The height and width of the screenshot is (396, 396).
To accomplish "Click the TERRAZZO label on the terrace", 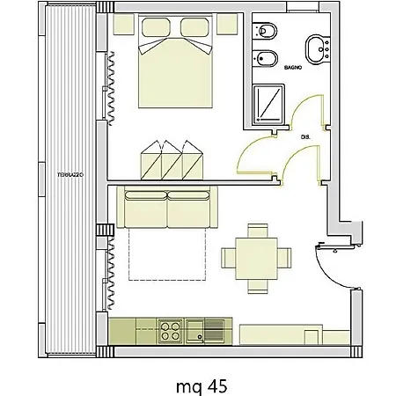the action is (70, 175).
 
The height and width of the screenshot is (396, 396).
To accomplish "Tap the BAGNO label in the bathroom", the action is (293, 68).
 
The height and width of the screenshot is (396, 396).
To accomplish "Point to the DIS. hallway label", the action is (305, 137).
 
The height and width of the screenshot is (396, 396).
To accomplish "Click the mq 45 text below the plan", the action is (202, 386).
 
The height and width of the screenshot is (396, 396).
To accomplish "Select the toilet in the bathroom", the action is (265, 31).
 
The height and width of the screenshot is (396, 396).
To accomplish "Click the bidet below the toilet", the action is (265, 59).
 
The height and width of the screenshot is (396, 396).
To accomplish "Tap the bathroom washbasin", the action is (318, 49).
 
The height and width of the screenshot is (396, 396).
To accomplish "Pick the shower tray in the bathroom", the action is (268, 104).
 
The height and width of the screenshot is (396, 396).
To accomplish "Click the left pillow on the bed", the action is (156, 27).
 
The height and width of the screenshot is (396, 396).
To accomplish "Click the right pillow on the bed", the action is (194, 27).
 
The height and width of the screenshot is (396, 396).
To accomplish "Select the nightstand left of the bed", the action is (124, 24).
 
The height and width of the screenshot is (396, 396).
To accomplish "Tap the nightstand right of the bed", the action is (227, 24).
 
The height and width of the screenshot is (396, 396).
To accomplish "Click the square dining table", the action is (256, 259).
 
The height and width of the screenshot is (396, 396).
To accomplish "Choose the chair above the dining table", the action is (258, 231).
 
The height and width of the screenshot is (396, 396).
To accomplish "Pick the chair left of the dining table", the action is (228, 258).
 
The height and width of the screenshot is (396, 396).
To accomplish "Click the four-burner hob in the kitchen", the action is (171, 331).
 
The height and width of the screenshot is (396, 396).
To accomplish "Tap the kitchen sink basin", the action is (195, 331).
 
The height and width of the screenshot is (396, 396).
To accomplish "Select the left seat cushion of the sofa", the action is (146, 209).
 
